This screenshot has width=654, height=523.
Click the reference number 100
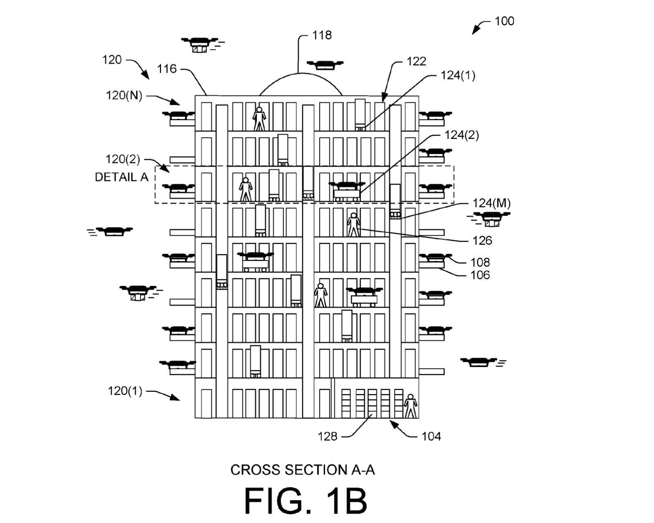coord(504,21)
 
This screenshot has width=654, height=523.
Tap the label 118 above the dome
coord(322,36)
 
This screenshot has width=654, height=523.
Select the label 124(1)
coord(457,76)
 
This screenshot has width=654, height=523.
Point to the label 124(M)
coord(491,203)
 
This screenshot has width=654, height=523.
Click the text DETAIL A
coord(121,177)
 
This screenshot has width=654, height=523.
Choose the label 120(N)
coord(124,96)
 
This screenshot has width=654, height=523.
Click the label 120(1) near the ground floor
coord(125,391)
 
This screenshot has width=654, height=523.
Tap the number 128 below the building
coord(327,436)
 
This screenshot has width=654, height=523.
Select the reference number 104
coord(431,436)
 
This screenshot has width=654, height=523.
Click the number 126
coord(482,241)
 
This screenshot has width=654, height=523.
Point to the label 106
coord(480,275)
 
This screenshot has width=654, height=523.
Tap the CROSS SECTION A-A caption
coord(302,470)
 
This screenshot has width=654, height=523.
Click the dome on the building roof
coord(301,85)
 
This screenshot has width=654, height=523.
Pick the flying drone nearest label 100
coord(325,65)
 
